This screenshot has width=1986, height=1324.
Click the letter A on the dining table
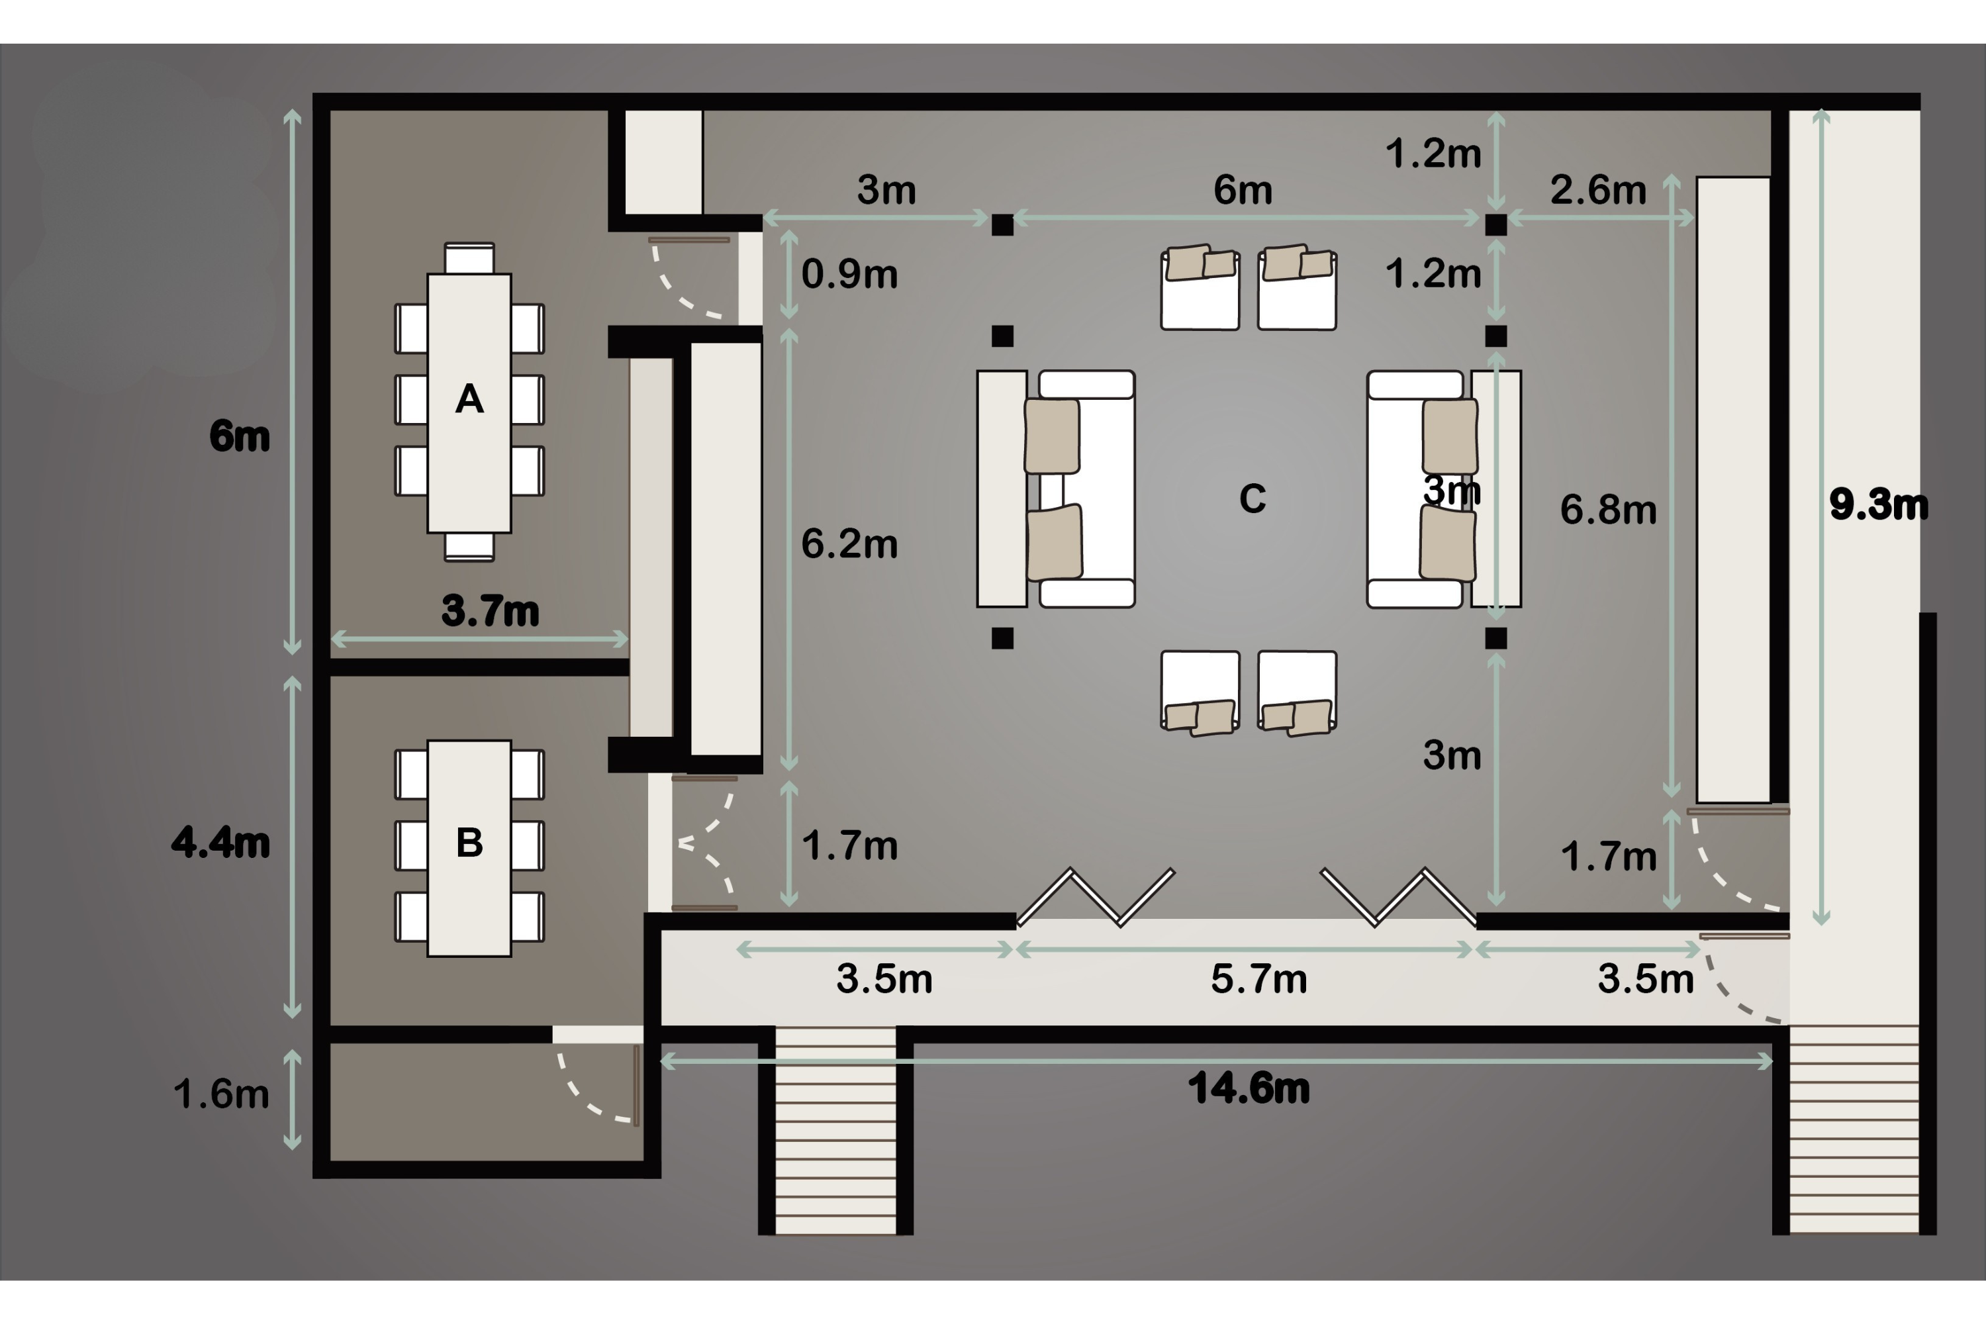pyautogui.click(x=469, y=399)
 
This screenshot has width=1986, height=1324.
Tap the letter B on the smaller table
pyautogui.click(x=469, y=842)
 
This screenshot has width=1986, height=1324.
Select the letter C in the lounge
pyautogui.click(x=1253, y=498)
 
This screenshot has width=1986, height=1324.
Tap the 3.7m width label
pyautogui.click(x=490, y=610)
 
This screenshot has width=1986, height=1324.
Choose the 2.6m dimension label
pyautogui.click(x=1599, y=190)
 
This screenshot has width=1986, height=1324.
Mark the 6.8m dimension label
pyautogui.click(x=1609, y=509)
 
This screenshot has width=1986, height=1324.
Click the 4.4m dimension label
pyautogui.click(x=220, y=842)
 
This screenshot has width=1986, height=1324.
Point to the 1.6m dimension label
pyautogui.click(x=221, y=1094)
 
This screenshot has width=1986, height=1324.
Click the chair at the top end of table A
pyautogui.click(x=469, y=258)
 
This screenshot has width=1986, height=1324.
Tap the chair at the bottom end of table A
pyautogui.click(x=469, y=546)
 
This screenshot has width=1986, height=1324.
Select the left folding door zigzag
pyautogui.click(x=1095, y=897)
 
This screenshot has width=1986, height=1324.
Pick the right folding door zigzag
pyautogui.click(x=1398, y=897)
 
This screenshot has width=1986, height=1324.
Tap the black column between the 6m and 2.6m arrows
pyautogui.click(x=1495, y=224)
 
